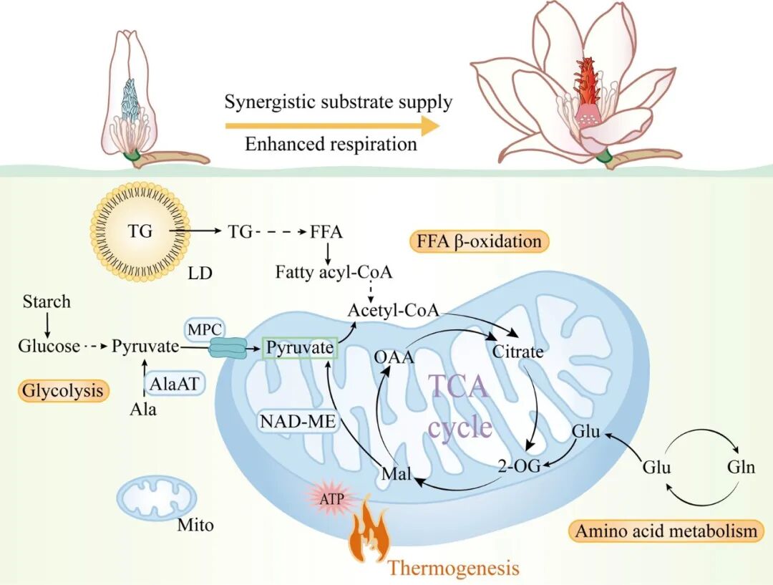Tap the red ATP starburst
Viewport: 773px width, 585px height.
pyautogui.click(x=331, y=498)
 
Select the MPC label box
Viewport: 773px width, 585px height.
pyautogui.click(x=205, y=329)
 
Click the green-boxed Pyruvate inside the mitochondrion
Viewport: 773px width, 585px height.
pyautogui.click(x=300, y=348)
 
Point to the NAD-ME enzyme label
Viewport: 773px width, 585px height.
pyautogui.click(x=298, y=421)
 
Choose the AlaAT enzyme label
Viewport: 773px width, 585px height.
pyautogui.click(x=173, y=383)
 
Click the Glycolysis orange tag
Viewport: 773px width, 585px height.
pyautogui.click(x=63, y=390)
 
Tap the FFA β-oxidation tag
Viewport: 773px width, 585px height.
pyautogui.click(x=479, y=241)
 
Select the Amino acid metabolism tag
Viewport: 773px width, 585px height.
pyautogui.click(x=666, y=531)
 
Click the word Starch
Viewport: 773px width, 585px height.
pyautogui.click(x=47, y=301)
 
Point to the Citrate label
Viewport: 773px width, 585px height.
pyautogui.click(x=518, y=352)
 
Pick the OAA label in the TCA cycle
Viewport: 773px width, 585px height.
pyautogui.click(x=394, y=357)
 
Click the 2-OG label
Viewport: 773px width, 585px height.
pyautogui.click(x=519, y=465)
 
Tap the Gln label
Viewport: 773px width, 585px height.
pyautogui.click(x=741, y=466)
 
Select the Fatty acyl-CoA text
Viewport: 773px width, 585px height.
pyautogui.click(x=334, y=272)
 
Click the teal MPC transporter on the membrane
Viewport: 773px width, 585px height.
pyautogui.click(x=228, y=347)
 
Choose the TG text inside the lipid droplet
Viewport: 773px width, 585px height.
pyautogui.click(x=140, y=231)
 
